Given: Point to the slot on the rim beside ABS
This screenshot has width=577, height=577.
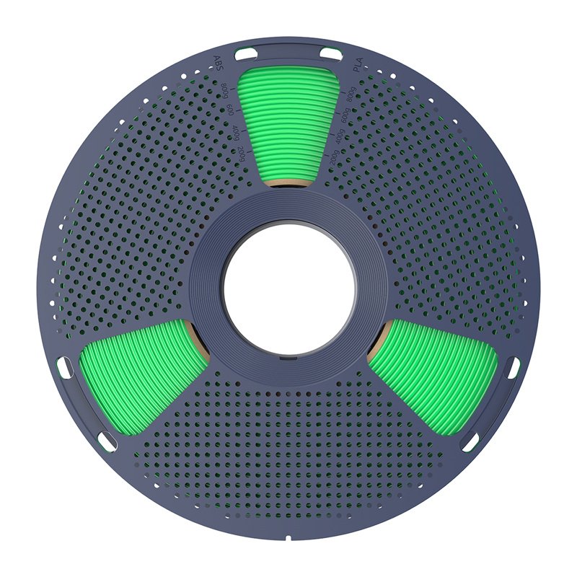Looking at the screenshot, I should [x=246, y=52].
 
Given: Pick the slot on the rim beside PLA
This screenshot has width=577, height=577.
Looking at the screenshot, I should [x=331, y=52].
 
